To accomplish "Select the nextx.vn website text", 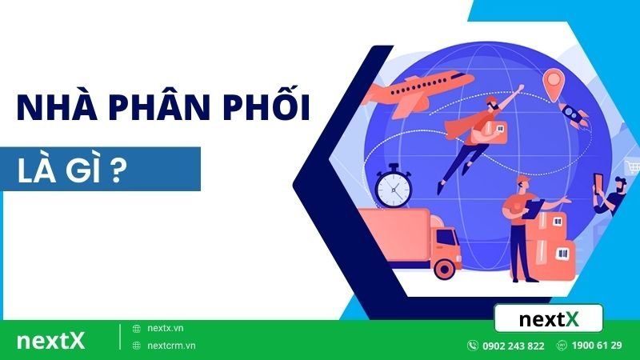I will (166, 328).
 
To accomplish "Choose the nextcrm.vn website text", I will (172, 346).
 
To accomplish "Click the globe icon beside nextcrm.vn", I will (137, 346).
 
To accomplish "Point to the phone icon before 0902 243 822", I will (473, 346).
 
